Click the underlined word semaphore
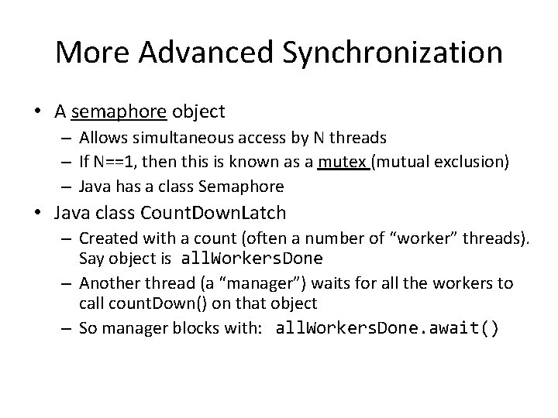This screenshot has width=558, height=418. pos(119,112)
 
